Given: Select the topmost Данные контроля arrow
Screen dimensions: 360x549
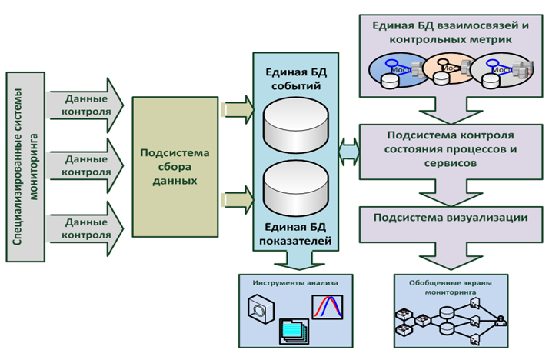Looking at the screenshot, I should pos(84,105).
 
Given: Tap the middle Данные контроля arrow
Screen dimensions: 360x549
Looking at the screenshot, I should pos(84,166).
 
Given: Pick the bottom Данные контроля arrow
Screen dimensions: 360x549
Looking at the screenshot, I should pos(84,228).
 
